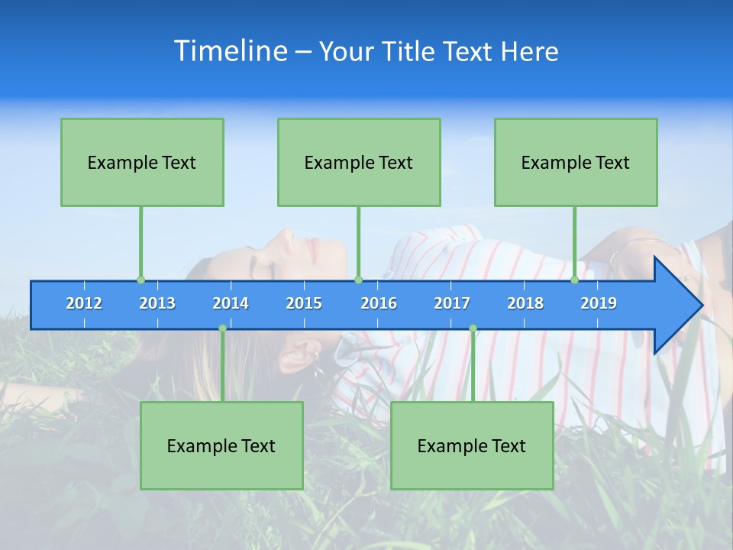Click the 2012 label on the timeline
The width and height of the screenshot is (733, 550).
84,303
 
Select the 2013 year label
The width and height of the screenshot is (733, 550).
157,303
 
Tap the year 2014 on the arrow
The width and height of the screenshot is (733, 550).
231,303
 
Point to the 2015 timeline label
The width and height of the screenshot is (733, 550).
304,303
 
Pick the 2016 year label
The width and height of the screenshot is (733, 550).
379,303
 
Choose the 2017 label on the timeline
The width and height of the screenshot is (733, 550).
452,303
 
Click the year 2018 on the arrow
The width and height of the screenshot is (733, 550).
525,303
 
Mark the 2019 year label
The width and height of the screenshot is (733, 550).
599,303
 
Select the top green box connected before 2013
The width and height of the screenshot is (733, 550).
142,162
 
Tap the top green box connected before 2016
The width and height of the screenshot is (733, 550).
359,162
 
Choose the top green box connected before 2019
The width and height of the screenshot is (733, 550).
576,162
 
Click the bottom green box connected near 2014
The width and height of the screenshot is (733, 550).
221,445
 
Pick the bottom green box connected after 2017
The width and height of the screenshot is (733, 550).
472,445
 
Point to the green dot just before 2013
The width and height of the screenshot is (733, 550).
140,280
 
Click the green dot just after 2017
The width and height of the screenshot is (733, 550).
473,328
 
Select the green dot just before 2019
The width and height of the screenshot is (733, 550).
575,280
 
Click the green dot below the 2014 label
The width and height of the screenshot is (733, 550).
222,328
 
